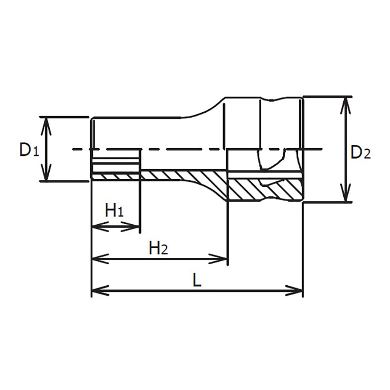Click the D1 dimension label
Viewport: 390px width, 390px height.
(28, 150)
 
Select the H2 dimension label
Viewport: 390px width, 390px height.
(158, 249)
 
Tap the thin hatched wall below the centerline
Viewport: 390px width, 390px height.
(171, 175)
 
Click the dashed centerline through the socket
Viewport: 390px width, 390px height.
(195, 149)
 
